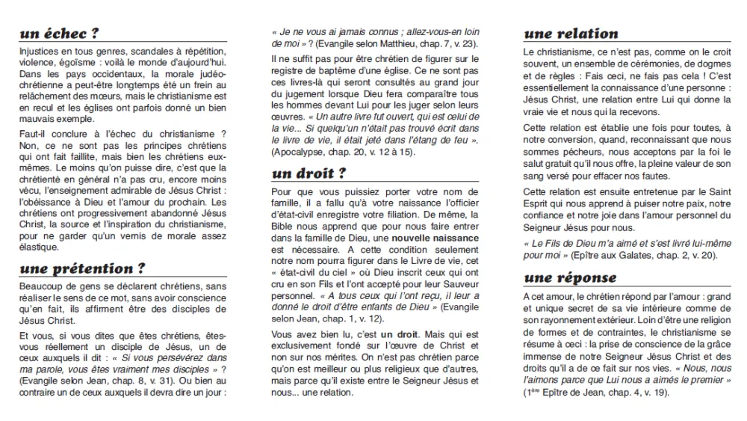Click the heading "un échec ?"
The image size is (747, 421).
(x=60, y=34)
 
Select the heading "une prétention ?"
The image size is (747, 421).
(x=82, y=269)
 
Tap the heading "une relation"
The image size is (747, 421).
(x=571, y=34)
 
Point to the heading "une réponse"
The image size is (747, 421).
(x=569, y=278)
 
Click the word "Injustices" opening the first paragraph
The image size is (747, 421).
(x=39, y=49)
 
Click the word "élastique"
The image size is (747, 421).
(x=38, y=248)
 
